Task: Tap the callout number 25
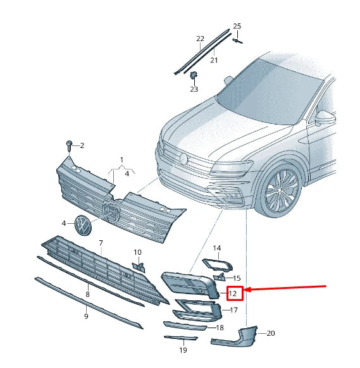[x=237, y=26]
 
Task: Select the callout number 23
[x=194, y=89]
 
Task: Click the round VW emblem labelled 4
[x=83, y=224]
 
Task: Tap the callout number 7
[x=101, y=243]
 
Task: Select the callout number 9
[x=86, y=316]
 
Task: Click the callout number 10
[x=137, y=252]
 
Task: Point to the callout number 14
[x=216, y=248]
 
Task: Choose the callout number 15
[x=237, y=278]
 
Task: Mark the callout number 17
[x=233, y=310]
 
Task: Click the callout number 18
[x=220, y=328]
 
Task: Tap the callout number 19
[x=182, y=350]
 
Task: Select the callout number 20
[x=271, y=333]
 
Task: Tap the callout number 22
[x=200, y=39]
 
